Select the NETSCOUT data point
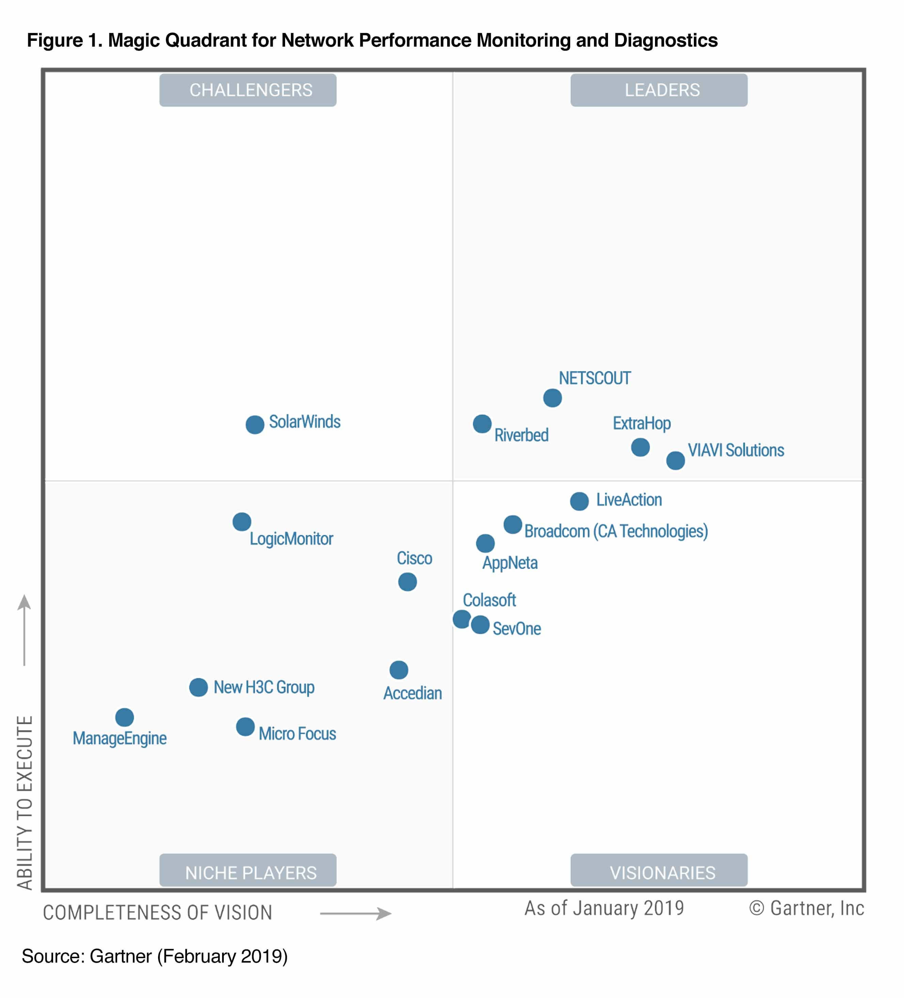pyautogui.click(x=552, y=398)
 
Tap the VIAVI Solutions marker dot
pyautogui.click(x=675, y=461)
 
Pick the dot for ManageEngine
pyautogui.click(x=124, y=717)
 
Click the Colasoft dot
pyautogui.click(x=462, y=619)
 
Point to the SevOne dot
pyautogui.click(x=480, y=625)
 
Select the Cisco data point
pyautogui.click(x=407, y=582)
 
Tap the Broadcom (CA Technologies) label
pyautogui.click(x=616, y=531)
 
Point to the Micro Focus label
pyautogui.click(x=297, y=734)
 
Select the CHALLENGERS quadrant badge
pyautogui.click(x=248, y=90)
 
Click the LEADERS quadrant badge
pyautogui.click(x=659, y=90)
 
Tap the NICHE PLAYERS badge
pyautogui.click(x=248, y=872)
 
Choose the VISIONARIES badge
pyautogui.click(x=659, y=872)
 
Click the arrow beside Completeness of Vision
pyautogui.click(x=356, y=913)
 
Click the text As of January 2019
pyautogui.click(x=604, y=908)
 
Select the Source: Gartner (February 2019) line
pyautogui.click(x=155, y=956)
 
